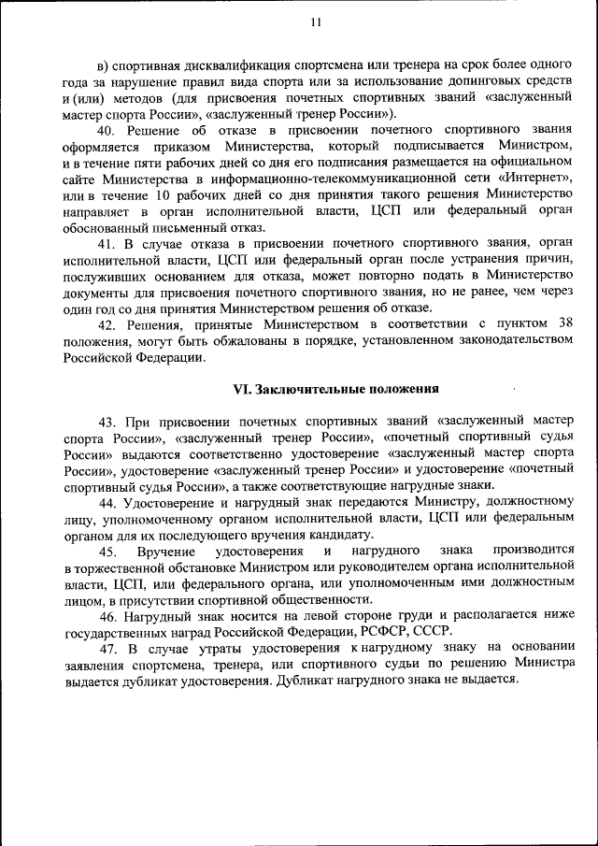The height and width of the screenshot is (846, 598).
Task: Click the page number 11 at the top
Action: (315, 22)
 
